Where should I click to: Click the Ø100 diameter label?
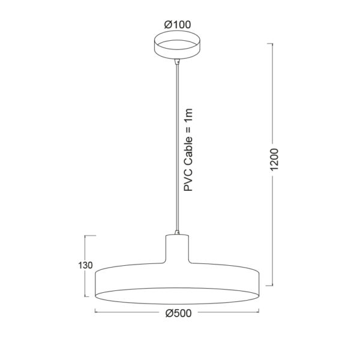[x=178, y=25]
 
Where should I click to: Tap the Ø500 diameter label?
[x=178, y=313]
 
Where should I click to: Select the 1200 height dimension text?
[x=274, y=160]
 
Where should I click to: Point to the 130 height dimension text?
[x=85, y=265]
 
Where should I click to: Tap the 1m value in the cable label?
[x=188, y=115]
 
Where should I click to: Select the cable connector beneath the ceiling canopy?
[x=177, y=62]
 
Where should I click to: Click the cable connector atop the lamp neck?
[x=177, y=232]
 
